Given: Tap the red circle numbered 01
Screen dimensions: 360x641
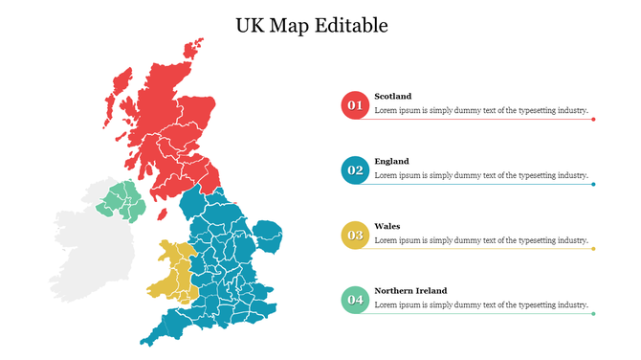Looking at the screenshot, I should (x=355, y=105).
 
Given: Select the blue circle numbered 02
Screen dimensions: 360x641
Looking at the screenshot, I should (x=355, y=170).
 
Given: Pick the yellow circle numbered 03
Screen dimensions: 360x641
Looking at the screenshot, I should (x=355, y=236).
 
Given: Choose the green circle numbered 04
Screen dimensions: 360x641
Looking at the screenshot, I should (x=355, y=300).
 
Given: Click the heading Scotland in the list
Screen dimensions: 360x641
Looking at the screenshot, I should (x=392, y=96).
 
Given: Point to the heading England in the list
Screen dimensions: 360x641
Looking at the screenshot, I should (x=391, y=161).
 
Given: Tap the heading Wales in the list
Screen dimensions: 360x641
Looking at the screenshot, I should (x=387, y=226).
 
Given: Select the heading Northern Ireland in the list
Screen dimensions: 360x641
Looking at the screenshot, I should (x=410, y=290).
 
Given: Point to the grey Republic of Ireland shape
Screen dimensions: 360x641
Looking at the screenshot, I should (x=86, y=254).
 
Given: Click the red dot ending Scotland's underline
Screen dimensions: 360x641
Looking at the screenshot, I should (x=593, y=120).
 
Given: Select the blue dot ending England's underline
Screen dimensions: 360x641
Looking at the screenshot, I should (x=593, y=184).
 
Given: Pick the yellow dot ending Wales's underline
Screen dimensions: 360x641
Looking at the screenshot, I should (x=593, y=249).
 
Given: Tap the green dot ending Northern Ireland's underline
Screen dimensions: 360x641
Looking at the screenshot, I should (x=593, y=313).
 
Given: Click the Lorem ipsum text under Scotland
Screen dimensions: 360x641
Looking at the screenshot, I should (x=480, y=110).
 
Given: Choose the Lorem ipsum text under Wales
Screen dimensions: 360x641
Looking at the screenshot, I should (x=480, y=240).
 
